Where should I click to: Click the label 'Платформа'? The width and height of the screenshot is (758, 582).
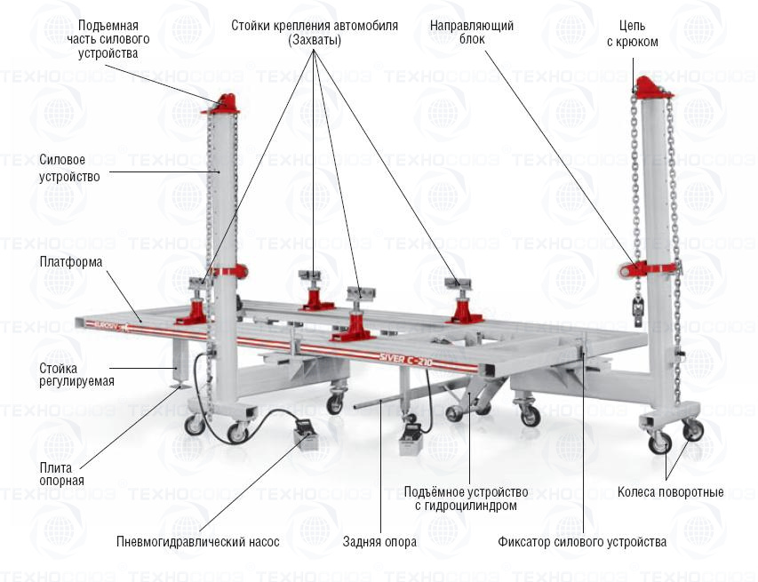(x=71, y=262)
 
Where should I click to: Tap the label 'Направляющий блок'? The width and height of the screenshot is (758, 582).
(x=472, y=33)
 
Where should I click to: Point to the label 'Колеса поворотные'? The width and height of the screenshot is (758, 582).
(x=671, y=492)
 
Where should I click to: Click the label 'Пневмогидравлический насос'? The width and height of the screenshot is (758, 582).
(x=197, y=541)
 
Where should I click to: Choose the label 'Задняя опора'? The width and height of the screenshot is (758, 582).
(x=379, y=541)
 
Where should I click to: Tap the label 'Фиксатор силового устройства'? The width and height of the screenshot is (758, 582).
(x=582, y=541)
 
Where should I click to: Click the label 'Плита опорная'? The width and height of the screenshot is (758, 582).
(x=61, y=474)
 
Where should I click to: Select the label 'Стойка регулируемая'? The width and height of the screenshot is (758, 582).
(x=76, y=374)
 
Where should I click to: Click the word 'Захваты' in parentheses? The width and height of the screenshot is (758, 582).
(x=315, y=40)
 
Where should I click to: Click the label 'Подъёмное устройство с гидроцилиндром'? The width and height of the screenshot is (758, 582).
(x=466, y=498)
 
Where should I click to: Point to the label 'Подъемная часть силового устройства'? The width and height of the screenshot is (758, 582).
(x=108, y=40)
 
